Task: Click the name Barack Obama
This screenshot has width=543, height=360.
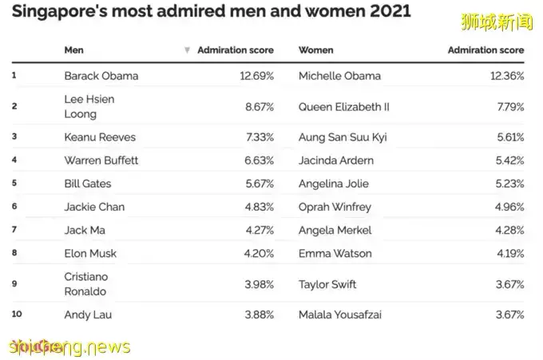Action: tap(101, 76)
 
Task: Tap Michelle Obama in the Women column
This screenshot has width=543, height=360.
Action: tap(339, 76)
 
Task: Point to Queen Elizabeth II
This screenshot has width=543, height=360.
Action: tap(344, 106)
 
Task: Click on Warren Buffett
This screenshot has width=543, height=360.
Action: tap(101, 160)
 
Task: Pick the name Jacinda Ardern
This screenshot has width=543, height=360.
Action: tap(335, 160)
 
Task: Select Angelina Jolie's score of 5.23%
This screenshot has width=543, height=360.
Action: tap(508, 184)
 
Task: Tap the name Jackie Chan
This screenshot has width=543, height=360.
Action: tap(94, 207)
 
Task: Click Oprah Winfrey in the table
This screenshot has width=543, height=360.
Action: tap(335, 207)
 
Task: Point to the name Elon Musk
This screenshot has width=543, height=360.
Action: tap(90, 254)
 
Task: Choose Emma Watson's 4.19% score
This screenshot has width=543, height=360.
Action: tap(509, 254)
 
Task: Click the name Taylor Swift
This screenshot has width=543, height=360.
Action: tap(327, 284)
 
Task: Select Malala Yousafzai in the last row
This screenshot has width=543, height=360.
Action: tap(340, 315)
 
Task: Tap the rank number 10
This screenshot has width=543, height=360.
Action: tap(17, 315)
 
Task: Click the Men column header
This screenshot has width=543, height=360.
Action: tap(73, 49)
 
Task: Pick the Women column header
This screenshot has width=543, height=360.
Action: tap(315, 49)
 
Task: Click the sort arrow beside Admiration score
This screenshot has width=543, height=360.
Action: tap(187, 49)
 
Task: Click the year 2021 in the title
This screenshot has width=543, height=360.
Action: tap(385, 11)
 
